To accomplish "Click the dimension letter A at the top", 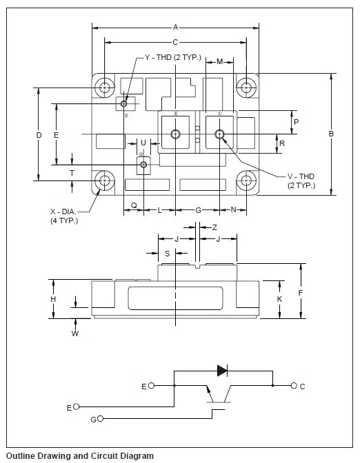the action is [x=176, y=28].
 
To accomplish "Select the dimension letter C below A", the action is [x=175, y=42].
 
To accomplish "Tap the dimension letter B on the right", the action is [x=331, y=134].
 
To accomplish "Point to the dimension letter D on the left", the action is [x=39, y=135].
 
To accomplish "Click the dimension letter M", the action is [x=219, y=61].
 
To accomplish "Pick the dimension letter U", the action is [x=143, y=143].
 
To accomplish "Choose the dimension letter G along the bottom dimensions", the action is [x=199, y=210].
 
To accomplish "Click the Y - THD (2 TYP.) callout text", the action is [x=173, y=57].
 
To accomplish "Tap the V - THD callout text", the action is [x=301, y=176].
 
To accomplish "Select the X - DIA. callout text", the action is [x=63, y=212].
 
